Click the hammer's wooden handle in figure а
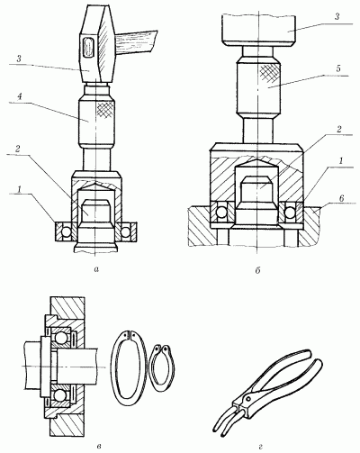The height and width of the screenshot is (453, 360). click(x=136, y=43)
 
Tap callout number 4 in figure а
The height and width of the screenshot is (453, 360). click(x=19, y=96)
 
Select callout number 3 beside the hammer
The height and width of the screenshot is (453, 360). click(x=19, y=59)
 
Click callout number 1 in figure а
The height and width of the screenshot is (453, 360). click(x=19, y=189)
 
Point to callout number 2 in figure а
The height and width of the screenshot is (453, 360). click(x=18, y=149)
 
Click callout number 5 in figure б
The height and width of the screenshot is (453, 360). click(x=338, y=68)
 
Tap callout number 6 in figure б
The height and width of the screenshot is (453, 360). click(x=341, y=198)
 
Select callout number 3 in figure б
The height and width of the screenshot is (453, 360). click(x=337, y=16)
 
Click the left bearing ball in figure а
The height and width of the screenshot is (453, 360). click(x=66, y=231)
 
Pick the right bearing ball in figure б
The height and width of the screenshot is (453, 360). click(x=290, y=213)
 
